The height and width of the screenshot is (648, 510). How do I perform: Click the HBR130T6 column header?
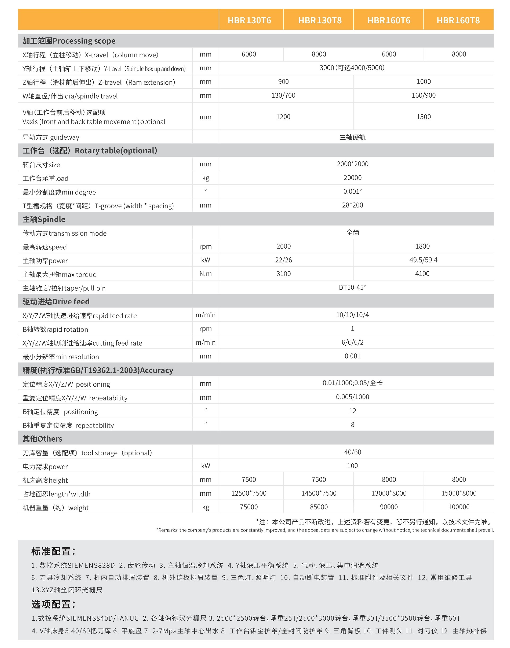pyautogui.click(x=249, y=20)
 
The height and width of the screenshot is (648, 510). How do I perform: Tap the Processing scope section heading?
pyautogui.click(x=69, y=41)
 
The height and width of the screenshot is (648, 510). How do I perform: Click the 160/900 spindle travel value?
pyautogui.click(x=423, y=96)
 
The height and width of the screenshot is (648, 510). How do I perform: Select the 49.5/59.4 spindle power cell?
pyautogui.click(x=423, y=260)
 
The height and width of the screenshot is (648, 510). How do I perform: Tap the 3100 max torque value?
pyautogui.click(x=283, y=274)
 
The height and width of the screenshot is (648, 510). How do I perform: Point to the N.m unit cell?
pyautogui.click(x=205, y=274)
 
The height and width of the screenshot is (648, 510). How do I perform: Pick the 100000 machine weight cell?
pyautogui.click(x=459, y=507)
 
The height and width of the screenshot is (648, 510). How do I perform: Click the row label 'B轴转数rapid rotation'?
pyautogui.click(x=55, y=329)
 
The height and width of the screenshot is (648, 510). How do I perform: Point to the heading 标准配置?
pyautogui.click(x=53, y=551)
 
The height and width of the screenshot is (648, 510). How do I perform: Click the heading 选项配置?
pyautogui.click(x=53, y=604)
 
